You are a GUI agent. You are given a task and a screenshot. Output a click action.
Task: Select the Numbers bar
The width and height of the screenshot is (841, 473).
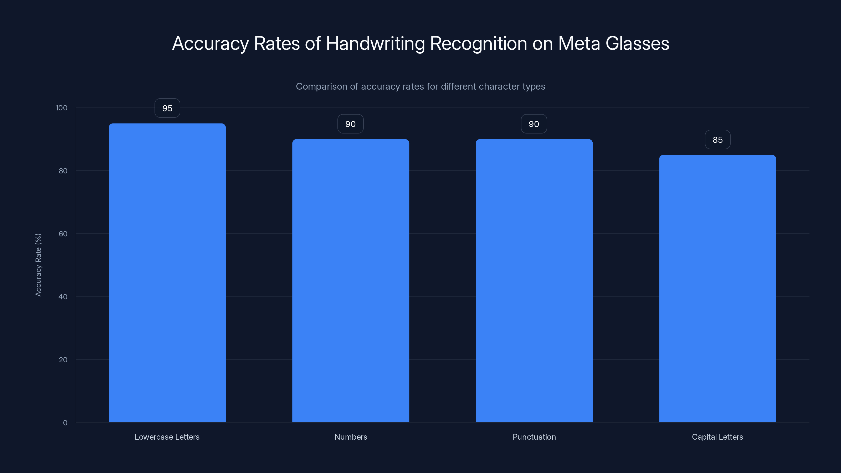pyautogui.click(x=351, y=281)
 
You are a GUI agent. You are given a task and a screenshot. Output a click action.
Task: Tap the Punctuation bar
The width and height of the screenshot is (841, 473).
pyautogui.click(x=534, y=281)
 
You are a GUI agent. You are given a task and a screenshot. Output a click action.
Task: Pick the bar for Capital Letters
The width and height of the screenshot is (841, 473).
pyautogui.click(x=717, y=289)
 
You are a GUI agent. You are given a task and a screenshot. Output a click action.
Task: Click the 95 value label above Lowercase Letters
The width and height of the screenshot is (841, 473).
pyautogui.click(x=167, y=108)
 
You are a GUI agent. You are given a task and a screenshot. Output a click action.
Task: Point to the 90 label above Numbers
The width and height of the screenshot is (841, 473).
pyautogui.click(x=350, y=124)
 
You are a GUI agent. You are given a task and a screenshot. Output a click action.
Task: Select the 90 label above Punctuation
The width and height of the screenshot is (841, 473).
pyautogui.click(x=534, y=124)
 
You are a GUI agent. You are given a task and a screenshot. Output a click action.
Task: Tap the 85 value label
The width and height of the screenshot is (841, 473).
pyautogui.click(x=717, y=140)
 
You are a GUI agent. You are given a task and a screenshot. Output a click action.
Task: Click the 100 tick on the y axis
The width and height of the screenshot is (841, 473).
pyautogui.click(x=61, y=108)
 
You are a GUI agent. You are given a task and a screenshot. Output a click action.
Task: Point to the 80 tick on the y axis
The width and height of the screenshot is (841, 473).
pyautogui.click(x=63, y=171)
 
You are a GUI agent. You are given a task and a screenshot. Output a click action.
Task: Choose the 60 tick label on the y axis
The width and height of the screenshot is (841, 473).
pyautogui.click(x=63, y=234)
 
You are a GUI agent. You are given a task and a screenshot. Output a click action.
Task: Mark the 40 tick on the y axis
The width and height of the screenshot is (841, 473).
pyautogui.click(x=63, y=297)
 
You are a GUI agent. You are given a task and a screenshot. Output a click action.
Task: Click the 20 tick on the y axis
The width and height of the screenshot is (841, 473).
pyautogui.click(x=63, y=360)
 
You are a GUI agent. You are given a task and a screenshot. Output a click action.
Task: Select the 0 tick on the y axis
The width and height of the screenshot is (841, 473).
pyautogui.click(x=65, y=423)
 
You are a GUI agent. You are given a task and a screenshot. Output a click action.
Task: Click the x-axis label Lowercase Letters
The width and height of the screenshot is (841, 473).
pyautogui.click(x=167, y=437)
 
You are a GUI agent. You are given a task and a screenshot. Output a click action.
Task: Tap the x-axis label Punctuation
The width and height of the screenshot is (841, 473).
pyautogui.click(x=534, y=437)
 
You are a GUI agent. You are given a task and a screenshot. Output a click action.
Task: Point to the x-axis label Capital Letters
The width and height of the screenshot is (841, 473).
pyautogui.click(x=717, y=437)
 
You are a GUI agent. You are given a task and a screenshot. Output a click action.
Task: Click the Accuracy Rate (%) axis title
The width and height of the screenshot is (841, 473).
pyautogui.click(x=38, y=265)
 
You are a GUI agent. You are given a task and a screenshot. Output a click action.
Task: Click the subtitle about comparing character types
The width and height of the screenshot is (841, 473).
pyautogui.click(x=420, y=86)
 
